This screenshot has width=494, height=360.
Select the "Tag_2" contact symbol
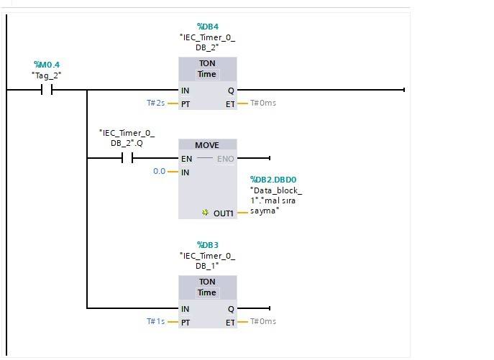(48, 90)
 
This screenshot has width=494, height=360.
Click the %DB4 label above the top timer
(207, 27)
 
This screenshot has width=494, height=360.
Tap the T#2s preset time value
(156, 103)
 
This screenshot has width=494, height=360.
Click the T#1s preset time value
(156, 321)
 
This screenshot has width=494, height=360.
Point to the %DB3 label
(207, 246)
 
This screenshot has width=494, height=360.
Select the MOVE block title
(207, 145)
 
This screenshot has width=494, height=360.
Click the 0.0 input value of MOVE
(159, 171)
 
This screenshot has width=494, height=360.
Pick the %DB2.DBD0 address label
(273, 180)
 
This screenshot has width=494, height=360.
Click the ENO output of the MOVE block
(226, 158)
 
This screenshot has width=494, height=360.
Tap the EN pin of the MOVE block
(187, 158)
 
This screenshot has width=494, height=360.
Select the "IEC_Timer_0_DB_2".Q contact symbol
(128, 158)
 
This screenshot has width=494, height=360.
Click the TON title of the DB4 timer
(207, 63)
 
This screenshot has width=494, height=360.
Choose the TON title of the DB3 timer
(207, 282)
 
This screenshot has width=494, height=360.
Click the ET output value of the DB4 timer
(262, 103)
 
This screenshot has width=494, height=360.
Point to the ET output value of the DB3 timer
(262, 321)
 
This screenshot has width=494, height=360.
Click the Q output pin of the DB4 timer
(231, 91)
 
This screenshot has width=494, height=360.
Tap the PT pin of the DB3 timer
(186, 322)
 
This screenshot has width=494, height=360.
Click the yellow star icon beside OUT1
(205, 213)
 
